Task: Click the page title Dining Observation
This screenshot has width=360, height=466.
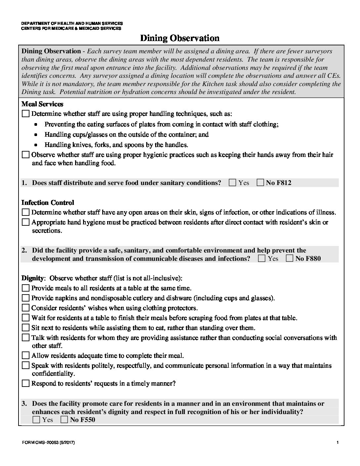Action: tap(180, 38)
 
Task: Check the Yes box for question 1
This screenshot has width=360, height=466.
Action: tap(233, 183)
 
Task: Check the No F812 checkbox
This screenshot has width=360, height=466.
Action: tap(260, 183)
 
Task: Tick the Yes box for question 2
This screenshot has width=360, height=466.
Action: tap(262, 258)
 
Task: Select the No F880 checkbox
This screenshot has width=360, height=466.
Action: tap(290, 258)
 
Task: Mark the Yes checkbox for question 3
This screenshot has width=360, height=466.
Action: tap(37, 420)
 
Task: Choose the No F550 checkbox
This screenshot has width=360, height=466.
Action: tap(65, 420)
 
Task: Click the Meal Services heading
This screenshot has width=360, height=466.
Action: tap(42, 104)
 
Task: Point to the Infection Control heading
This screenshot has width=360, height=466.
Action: tap(48, 203)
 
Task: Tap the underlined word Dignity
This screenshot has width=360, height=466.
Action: tap(32, 278)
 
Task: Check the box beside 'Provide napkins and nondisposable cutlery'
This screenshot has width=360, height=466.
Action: tap(25, 298)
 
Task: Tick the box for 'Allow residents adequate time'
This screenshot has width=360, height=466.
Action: tap(25, 356)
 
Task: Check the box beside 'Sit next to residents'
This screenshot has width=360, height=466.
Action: tap(25, 328)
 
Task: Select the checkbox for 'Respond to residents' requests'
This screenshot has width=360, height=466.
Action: tap(25, 384)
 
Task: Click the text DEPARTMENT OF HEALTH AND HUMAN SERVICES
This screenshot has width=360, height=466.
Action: tap(72, 23)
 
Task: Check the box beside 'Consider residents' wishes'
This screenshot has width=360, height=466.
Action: tap(25, 308)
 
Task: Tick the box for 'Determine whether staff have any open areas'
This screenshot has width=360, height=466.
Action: tap(25, 212)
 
